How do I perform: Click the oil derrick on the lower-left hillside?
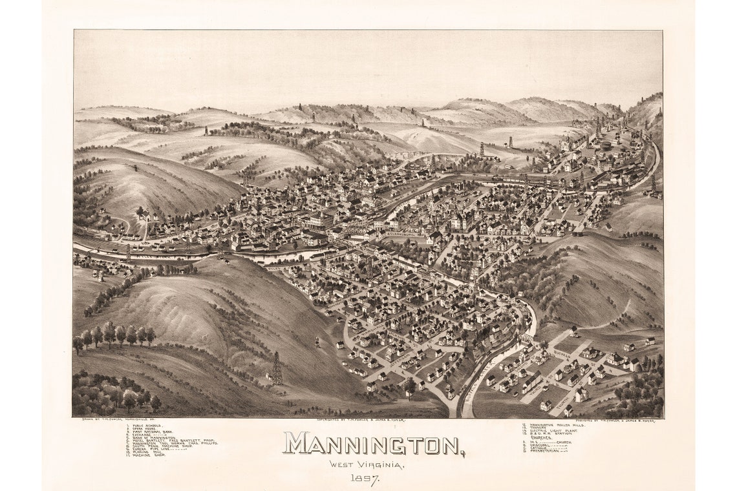pos(277,369)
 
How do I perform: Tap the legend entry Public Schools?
pos(144,426)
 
